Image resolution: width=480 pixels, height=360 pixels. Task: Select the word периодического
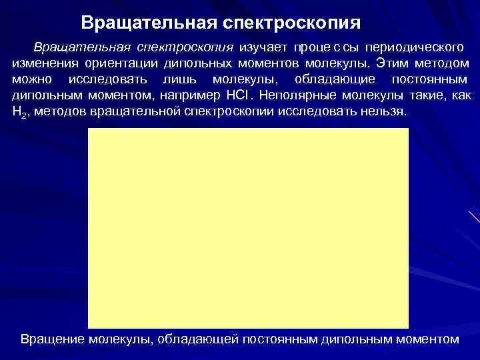(x=409, y=49)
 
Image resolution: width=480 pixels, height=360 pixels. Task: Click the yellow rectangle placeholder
(x=248, y=227)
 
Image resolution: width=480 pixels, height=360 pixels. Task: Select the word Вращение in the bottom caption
(x=52, y=339)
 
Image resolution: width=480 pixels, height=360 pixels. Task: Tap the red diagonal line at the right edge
(x=474, y=217)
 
